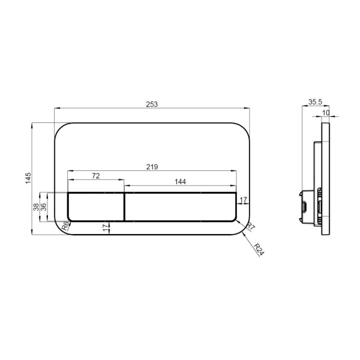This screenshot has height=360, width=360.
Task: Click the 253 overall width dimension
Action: [x=152, y=104]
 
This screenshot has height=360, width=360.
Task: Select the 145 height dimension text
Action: [x=28, y=178]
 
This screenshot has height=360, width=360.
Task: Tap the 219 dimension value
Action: [x=152, y=167]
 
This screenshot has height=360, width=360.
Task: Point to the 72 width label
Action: [x=96, y=176]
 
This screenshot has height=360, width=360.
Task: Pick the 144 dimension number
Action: [x=180, y=182]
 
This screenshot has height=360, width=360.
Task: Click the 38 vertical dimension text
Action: [x=36, y=207]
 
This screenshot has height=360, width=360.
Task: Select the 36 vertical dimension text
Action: [x=43, y=207]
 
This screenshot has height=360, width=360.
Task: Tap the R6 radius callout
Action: [x=65, y=226]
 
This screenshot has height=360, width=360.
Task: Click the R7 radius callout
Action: [x=250, y=226]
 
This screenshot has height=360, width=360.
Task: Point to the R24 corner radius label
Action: [x=259, y=250]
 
